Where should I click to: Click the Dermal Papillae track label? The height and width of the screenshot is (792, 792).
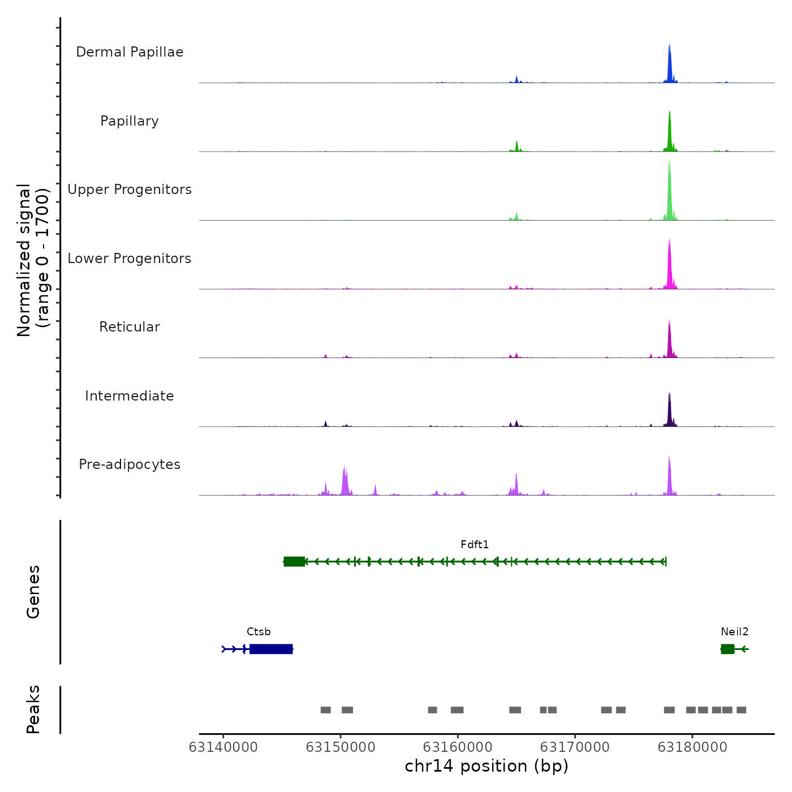coord(130,52)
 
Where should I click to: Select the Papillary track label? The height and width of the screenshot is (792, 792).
coord(130,121)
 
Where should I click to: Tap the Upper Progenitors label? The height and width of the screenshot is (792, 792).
coord(130,190)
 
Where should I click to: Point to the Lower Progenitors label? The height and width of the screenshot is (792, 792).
coord(130,259)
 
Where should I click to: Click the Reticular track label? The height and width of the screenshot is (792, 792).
coord(130,327)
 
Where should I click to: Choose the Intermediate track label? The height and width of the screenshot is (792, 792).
coord(130,396)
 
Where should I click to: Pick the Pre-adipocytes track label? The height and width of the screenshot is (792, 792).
coord(130,464)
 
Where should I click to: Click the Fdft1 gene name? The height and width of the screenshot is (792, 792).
coord(475,545)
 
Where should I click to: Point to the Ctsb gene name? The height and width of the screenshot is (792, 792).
coord(259,632)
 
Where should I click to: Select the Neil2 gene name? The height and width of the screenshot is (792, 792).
coord(734,632)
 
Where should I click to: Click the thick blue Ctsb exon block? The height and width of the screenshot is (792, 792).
coord(271,649)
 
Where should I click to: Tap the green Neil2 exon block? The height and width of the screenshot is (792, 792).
coord(728,649)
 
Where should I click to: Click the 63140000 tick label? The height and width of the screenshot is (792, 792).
coord(223,747)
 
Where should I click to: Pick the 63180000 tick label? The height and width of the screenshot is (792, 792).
coord(692,747)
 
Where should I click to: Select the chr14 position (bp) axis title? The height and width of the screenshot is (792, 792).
coord(487,767)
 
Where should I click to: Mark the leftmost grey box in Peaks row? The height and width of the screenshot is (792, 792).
coord(325,710)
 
